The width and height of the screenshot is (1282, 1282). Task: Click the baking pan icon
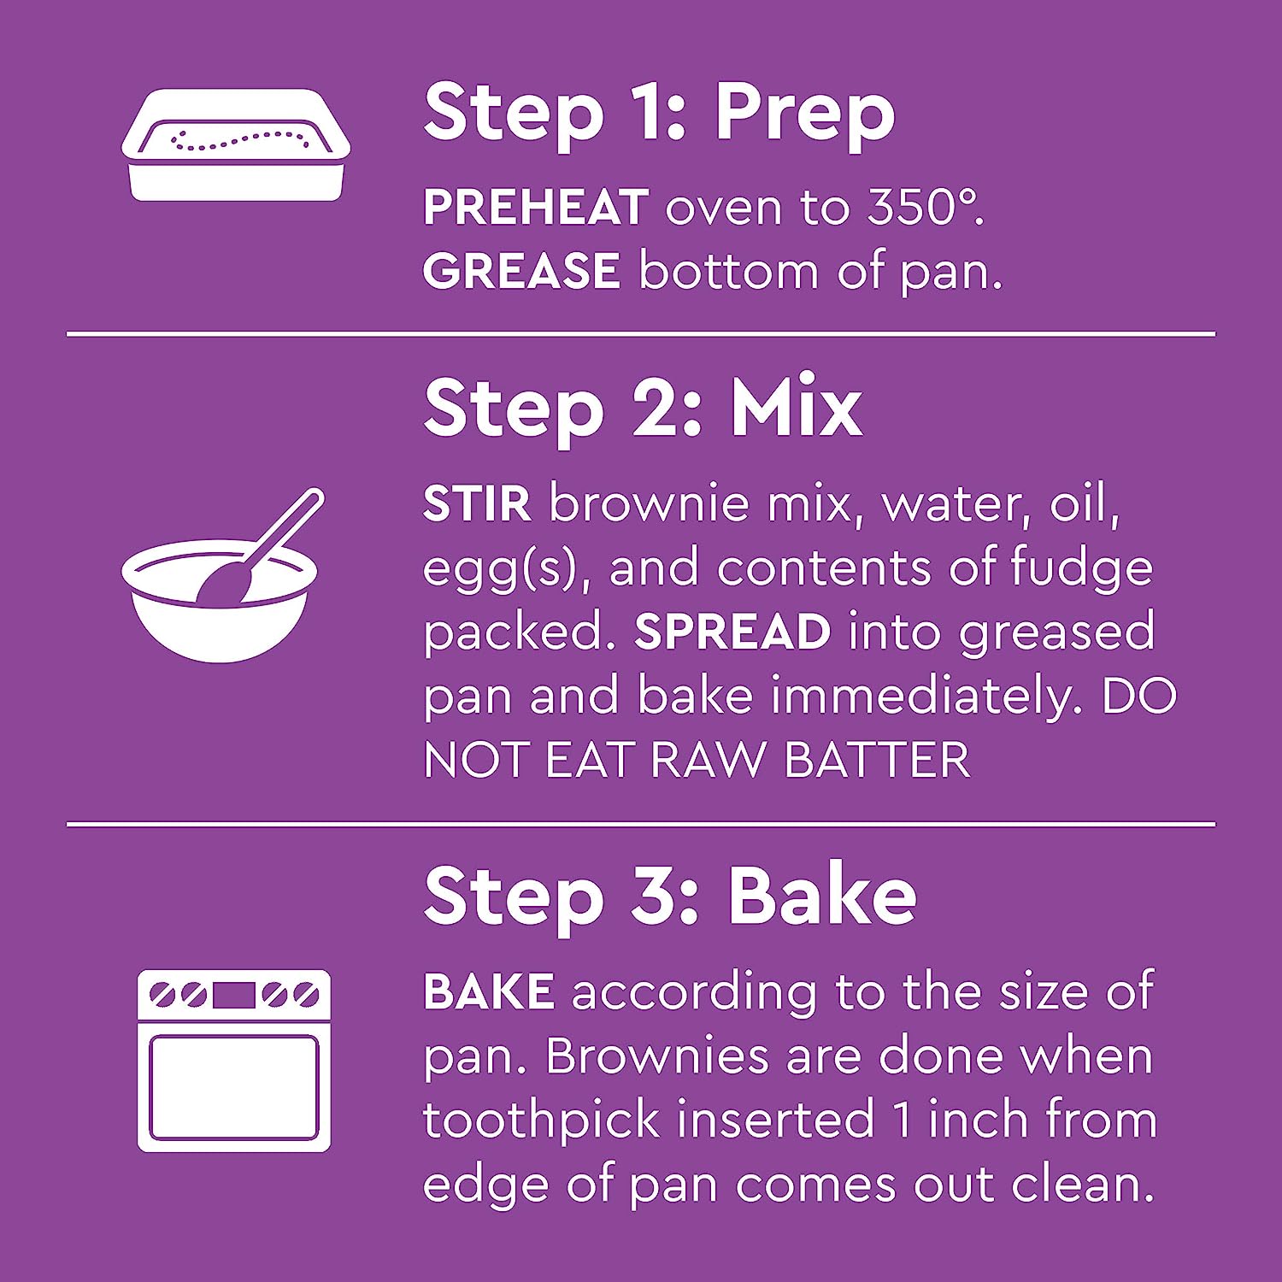[236, 145]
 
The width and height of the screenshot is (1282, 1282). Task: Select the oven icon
[234, 1061]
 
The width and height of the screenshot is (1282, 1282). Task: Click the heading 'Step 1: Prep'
[659, 115]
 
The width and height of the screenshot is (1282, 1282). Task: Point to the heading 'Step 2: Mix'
[643, 409]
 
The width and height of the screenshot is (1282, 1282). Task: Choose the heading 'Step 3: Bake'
[670, 897]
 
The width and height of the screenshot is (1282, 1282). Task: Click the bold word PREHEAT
[536, 208]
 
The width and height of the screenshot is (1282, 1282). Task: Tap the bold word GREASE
[521, 271]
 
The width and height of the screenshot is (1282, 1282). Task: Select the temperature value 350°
[926, 208]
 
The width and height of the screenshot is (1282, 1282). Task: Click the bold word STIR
[477, 503]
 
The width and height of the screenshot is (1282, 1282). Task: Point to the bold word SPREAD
[732, 632]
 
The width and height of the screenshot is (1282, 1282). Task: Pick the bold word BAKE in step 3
[489, 991]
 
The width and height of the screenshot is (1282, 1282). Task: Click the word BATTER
[877, 760]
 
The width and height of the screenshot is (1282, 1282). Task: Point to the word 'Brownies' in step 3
[657, 1056]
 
